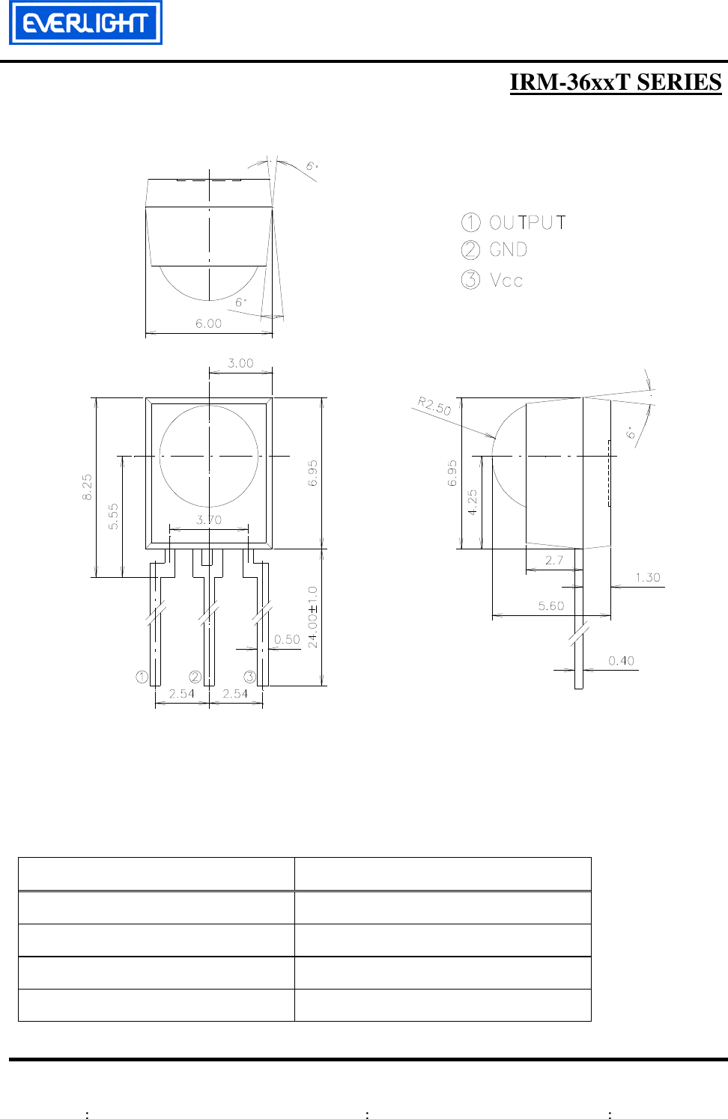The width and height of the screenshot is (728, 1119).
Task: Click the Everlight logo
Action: (85, 23)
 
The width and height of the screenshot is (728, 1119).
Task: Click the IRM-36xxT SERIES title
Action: (615, 82)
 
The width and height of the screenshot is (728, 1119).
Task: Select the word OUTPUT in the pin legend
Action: (527, 222)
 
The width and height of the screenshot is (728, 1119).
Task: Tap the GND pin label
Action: (509, 250)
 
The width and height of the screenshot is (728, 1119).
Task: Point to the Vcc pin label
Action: (506, 281)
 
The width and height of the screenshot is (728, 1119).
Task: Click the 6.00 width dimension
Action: (208, 323)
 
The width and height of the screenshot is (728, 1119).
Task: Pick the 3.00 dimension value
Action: (240, 363)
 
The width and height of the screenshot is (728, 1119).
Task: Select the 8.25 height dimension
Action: (88, 487)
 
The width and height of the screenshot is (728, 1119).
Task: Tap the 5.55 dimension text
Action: (113, 516)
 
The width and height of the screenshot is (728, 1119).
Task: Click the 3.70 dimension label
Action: (209, 519)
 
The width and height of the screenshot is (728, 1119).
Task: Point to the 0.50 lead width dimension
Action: (287, 639)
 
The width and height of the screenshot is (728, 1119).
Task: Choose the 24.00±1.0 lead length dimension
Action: (313, 617)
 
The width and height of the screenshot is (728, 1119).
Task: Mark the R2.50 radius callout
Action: (434, 406)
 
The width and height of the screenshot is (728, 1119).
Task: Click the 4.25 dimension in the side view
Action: (472, 502)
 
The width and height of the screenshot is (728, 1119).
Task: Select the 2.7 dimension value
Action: (553, 560)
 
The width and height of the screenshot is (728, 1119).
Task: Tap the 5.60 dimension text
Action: (551, 606)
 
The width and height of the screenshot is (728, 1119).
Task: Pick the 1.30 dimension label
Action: (648, 577)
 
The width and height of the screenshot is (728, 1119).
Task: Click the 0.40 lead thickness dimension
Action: (621, 660)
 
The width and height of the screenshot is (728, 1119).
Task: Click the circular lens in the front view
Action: (209, 456)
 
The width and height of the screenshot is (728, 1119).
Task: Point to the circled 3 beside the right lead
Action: (249, 677)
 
